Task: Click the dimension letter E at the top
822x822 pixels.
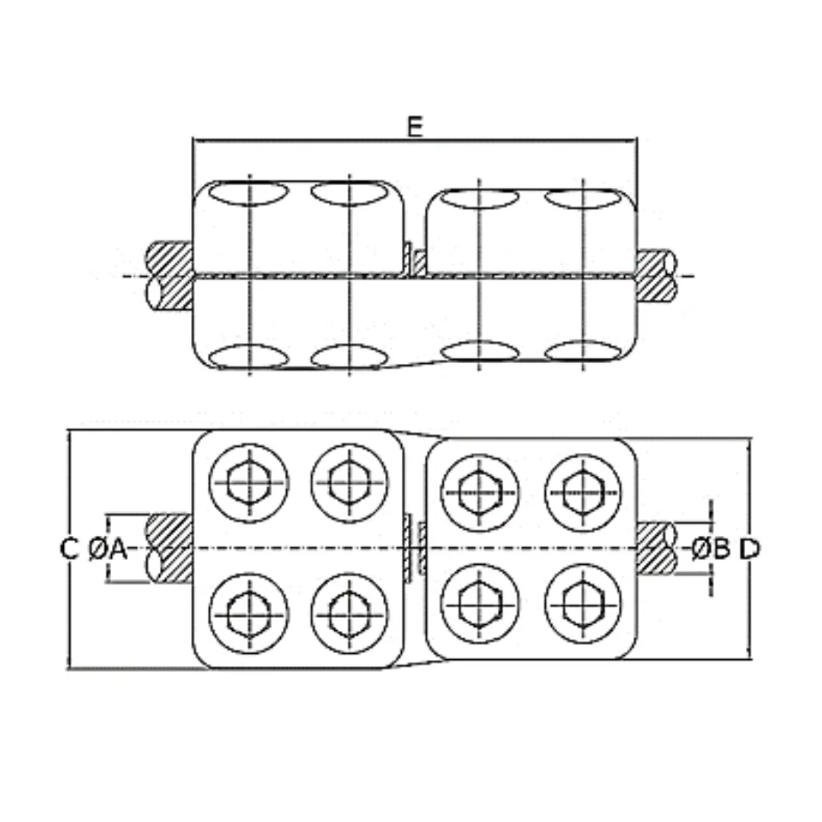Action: click(414, 127)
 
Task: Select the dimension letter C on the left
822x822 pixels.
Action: click(69, 549)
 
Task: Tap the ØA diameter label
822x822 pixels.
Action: click(107, 549)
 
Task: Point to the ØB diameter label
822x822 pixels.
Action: click(711, 548)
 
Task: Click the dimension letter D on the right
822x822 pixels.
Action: click(750, 548)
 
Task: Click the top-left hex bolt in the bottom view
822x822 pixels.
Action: click(249, 483)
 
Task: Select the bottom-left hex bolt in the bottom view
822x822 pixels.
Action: click(249, 612)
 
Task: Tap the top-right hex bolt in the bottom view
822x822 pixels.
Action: click(584, 492)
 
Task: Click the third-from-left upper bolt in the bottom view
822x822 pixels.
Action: click(479, 492)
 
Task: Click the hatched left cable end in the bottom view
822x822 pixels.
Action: click(169, 548)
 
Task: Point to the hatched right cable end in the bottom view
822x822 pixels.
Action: click(655, 548)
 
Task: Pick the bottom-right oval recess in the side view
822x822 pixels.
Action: click(584, 352)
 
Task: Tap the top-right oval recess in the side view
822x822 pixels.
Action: click(584, 199)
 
